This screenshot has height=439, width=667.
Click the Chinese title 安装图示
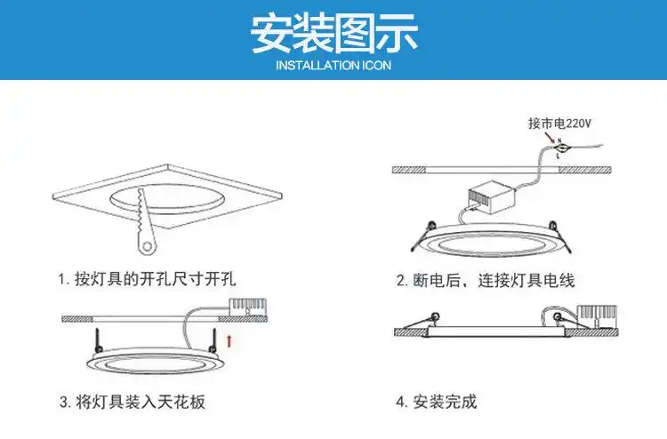333,33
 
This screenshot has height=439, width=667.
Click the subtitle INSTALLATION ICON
333,65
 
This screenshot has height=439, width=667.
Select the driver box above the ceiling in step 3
246,307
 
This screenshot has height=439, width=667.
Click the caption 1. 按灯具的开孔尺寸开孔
151,279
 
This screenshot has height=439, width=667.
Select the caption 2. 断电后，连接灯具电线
485,280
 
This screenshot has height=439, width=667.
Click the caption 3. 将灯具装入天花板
133,402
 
